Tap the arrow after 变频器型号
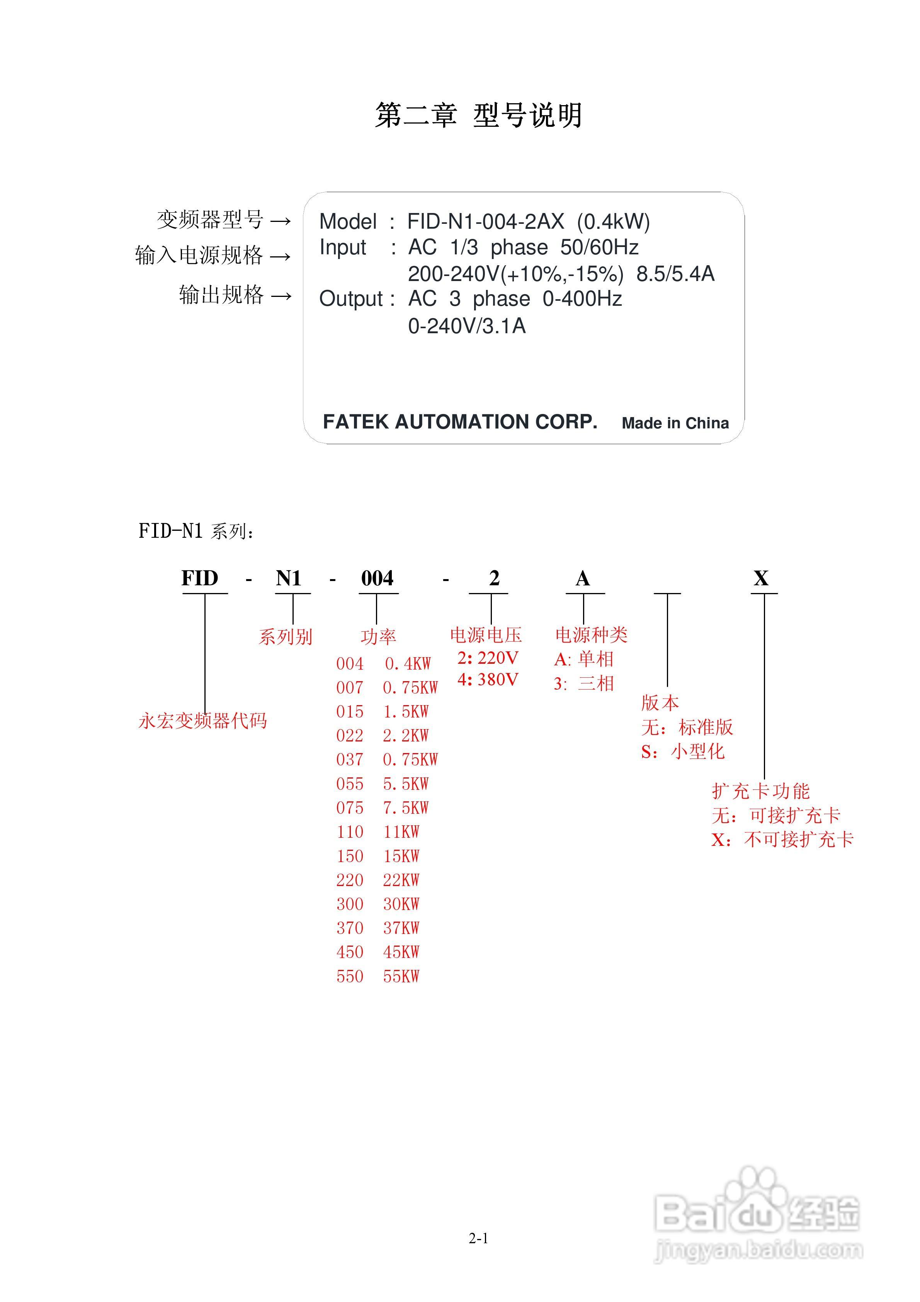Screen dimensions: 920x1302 pos(281,221)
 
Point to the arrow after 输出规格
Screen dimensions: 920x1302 pos(281,296)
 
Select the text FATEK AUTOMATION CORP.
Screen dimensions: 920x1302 pos(460,422)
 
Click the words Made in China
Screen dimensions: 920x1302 pos(675,423)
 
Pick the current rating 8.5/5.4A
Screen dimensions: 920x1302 pos(675,274)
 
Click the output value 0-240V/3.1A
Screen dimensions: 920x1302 pos(466,326)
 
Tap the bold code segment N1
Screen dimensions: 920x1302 pos(289,578)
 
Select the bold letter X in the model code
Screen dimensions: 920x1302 pos(761,578)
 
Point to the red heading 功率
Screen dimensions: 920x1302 pos(378,637)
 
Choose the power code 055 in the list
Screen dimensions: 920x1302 pos(350,784)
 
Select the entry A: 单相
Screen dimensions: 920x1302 pos(584,659)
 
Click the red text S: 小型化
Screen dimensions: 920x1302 pos(682,752)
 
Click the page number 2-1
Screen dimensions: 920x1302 pos(478,1239)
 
